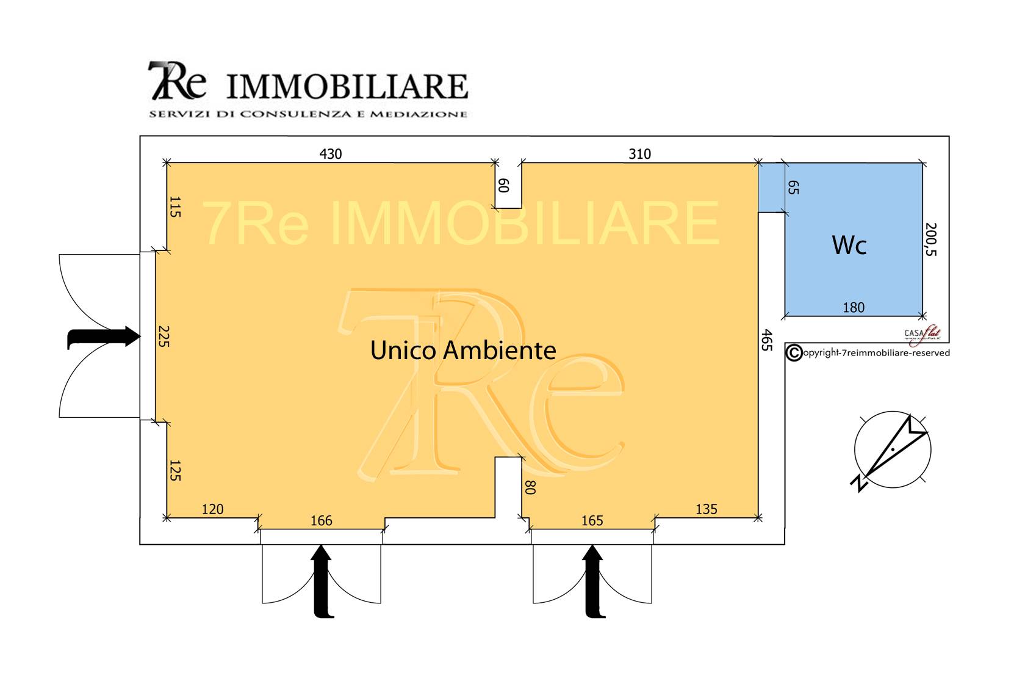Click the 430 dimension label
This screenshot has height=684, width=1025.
(x=331, y=154)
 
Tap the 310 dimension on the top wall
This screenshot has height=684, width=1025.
(x=639, y=154)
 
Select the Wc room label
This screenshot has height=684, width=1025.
(x=849, y=246)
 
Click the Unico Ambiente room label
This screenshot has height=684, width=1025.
(x=463, y=351)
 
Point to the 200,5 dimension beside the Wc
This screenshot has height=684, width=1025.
(x=930, y=239)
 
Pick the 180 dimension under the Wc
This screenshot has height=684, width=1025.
(x=854, y=307)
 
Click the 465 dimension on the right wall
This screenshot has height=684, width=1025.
(x=767, y=340)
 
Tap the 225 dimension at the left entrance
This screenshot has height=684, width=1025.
(x=162, y=336)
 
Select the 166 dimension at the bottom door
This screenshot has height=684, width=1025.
(x=322, y=520)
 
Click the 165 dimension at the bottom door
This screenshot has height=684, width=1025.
(x=592, y=520)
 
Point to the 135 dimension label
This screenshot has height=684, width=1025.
(x=707, y=509)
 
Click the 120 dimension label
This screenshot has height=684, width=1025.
(x=212, y=509)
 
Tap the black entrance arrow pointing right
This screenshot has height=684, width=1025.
(x=104, y=337)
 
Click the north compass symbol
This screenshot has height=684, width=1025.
(x=892, y=451)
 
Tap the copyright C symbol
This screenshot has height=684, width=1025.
(x=793, y=353)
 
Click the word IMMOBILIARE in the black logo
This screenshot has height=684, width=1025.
(x=347, y=87)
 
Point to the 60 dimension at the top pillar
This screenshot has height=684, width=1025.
(x=503, y=186)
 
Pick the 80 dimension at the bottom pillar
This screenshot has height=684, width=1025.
(x=530, y=487)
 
